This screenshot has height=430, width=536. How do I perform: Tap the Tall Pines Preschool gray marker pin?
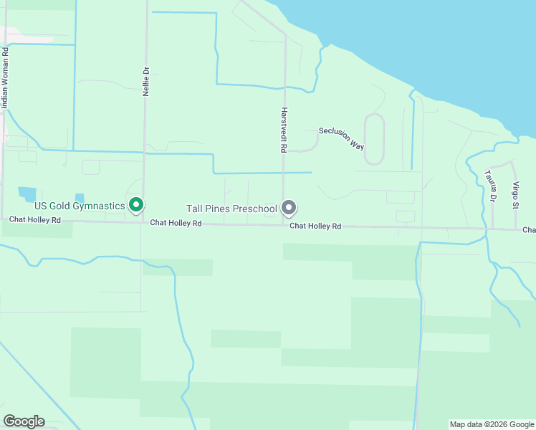pos(289,208)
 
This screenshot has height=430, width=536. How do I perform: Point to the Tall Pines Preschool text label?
pos(231,209)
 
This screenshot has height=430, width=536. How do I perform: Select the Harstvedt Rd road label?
pos(284,130)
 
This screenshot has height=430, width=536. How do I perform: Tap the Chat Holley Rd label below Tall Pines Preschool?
pos(315,226)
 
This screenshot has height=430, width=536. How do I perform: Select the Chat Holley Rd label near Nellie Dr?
pos(176,224)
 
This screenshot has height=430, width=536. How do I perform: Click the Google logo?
pos(24,421)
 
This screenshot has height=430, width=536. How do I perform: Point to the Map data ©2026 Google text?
pos(491,424)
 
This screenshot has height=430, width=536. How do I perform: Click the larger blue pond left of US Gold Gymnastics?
pos(27,193)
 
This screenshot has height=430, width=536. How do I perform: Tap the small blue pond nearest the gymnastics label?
pos(79,198)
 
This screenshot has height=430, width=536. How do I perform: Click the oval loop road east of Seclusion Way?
pos(374,139)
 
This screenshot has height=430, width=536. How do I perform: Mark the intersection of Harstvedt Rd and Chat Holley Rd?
pos(284,225)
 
